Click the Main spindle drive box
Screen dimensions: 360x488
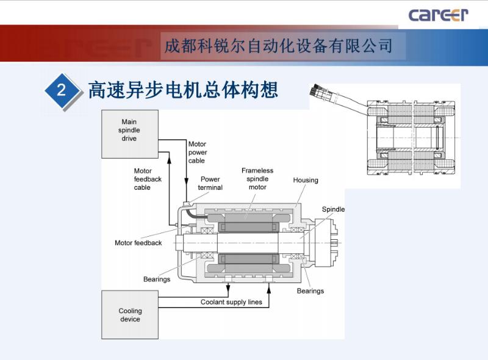(130, 134)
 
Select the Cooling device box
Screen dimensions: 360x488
(130, 314)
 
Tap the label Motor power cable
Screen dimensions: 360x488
(197, 153)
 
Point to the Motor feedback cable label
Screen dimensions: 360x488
(148, 179)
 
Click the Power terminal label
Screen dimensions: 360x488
(210, 184)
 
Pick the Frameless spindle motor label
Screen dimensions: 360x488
(257, 179)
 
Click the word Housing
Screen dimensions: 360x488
(306, 181)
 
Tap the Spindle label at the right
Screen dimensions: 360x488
(333, 209)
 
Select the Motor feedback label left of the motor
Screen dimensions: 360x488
(138, 243)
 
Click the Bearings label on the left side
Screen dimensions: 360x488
(157, 279)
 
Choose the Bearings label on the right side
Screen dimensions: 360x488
(310, 291)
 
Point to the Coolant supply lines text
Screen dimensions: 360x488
(231, 302)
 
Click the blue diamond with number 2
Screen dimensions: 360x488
(61, 91)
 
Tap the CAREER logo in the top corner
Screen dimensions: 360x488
(438, 15)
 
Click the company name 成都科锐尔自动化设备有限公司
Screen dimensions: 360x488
(278, 46)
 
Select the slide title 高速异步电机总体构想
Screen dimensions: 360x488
(183, 90)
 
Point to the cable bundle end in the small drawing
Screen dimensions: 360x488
(318, 92)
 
